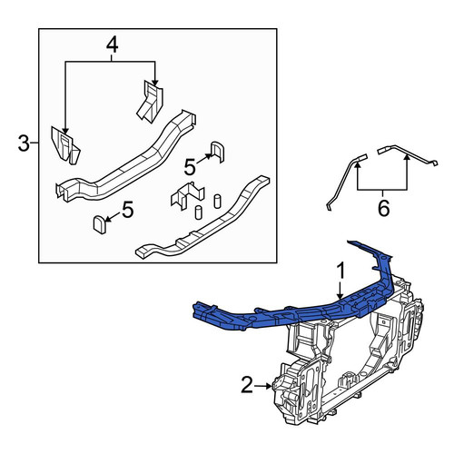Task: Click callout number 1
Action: coord(340,271)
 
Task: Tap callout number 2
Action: coord(247,386)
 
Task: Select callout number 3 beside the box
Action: coord(24,143)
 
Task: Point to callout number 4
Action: coord(112,45)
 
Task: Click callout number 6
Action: coord(383,209)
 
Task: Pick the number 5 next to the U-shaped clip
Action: coord(190,167)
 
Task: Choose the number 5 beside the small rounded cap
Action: coord(127,210)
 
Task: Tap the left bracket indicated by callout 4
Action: coord(65,145)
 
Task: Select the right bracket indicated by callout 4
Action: coord(150,101)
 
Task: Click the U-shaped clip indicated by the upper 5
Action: coord(217,152)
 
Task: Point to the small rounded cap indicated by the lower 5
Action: coord(100,224)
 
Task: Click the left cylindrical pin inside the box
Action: coord(199,212)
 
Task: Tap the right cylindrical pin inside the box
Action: coord(217,202)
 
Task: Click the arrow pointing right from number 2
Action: coord(262,386)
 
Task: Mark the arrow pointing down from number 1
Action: coord(340,291)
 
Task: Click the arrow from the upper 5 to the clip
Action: coord(204,158)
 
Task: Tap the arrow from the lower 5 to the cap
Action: coord(113,218)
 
